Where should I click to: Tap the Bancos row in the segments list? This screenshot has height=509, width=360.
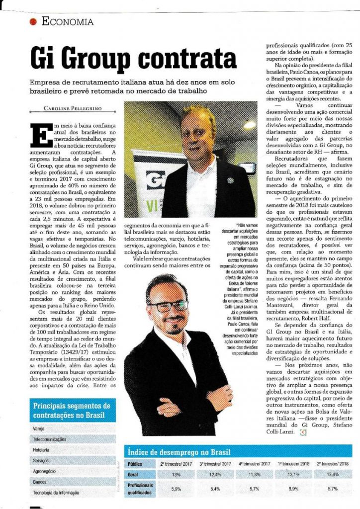40,481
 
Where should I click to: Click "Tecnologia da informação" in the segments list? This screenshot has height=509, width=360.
56,492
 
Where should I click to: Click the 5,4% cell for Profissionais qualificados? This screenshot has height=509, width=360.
215,489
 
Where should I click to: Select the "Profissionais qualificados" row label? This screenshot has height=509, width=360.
141,489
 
